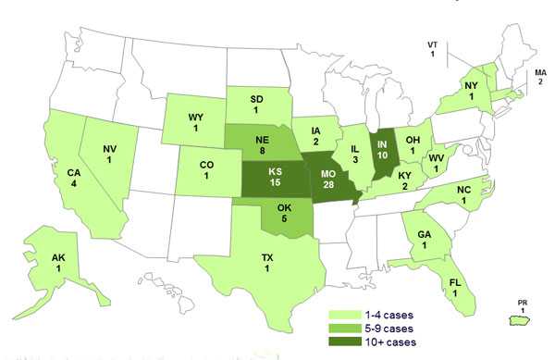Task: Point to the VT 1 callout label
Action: (432, 49)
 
